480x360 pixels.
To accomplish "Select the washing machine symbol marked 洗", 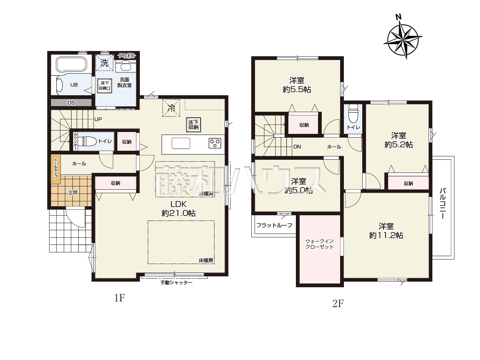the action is point(104,63).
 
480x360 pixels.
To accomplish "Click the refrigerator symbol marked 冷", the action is point(171,108).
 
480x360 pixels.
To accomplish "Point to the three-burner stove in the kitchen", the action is point(215,143).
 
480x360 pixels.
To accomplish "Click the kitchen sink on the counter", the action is point(181,143).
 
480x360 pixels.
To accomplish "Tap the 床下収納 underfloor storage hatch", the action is point(193,125).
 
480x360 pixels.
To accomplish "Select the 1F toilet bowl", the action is point(87,141).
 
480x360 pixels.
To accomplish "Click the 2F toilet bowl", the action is point(353,113).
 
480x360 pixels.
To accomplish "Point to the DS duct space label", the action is point(71,103).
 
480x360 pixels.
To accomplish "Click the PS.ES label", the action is point(127,56).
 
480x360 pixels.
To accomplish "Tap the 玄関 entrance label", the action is point(73,193).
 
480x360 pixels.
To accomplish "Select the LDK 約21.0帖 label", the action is point(178,208).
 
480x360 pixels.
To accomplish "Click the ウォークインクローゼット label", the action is point(319,244).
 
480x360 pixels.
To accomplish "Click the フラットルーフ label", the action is point(274,225).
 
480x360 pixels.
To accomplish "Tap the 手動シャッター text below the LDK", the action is point(177,283).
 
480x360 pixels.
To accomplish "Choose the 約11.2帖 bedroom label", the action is point(386,235).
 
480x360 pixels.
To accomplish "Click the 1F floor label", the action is point(119,298).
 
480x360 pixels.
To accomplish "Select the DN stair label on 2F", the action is point(297,147).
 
